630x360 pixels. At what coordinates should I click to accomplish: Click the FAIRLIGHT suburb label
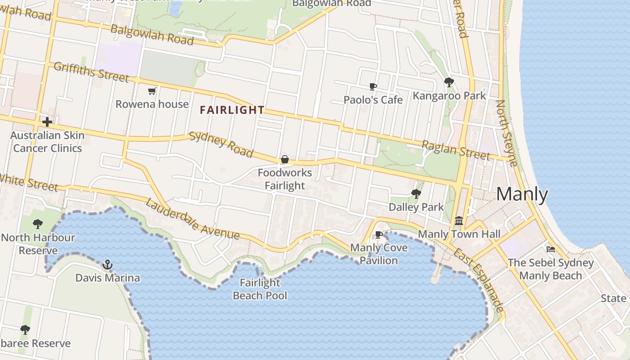[x=232, y=110]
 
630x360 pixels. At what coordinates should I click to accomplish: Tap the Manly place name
[x=522, y=194]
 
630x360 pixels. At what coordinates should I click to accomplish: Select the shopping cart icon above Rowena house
[x=152, y=91]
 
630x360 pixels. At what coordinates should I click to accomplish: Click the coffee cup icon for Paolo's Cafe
[x=373, y=86]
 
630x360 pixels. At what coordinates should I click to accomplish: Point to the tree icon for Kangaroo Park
[x=449, y=82]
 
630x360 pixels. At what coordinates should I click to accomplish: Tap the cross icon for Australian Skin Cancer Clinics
[x=47, y=122]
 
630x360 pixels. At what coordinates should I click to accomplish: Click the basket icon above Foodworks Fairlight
[x=284, y=159]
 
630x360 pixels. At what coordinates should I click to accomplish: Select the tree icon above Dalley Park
[x=416, y=194]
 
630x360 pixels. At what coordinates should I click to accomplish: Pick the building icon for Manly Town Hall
[x=459, y=220]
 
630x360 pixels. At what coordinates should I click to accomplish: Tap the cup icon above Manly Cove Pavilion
[x=379, y=234]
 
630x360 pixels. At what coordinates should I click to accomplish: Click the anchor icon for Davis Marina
[x=107, y=264]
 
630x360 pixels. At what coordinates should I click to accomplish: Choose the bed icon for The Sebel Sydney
[x=551, y=249]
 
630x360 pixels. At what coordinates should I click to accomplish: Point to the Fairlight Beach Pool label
[x=260, y=289]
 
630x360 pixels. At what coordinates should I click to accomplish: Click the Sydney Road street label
[x=221, y=144]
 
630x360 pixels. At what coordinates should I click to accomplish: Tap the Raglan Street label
[x=455, y=150]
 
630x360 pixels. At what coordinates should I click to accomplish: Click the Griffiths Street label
[x=91, y=72]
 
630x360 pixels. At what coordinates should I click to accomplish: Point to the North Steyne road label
[x=507, y=133]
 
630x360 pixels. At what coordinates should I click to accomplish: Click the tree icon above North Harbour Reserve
[x=38, y=224]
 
